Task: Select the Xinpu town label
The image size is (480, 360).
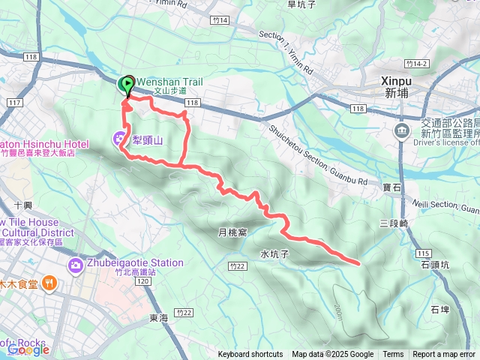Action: tap(396, 86)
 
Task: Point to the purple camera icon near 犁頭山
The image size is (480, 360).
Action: tap(119, 139)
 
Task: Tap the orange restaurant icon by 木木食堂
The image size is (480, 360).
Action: tap(49, 283)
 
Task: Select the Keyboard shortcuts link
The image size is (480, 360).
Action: tap(250, 355)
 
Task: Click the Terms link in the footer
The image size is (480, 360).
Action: tap(393, 355)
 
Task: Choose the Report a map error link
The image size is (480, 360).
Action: tap(445, 355)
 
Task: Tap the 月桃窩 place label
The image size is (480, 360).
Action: tap(232, 233)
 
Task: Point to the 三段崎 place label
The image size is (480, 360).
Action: tap(393, 223)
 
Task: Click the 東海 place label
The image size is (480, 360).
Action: tap(158, 318)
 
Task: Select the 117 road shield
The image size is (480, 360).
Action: tap(13, 103)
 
